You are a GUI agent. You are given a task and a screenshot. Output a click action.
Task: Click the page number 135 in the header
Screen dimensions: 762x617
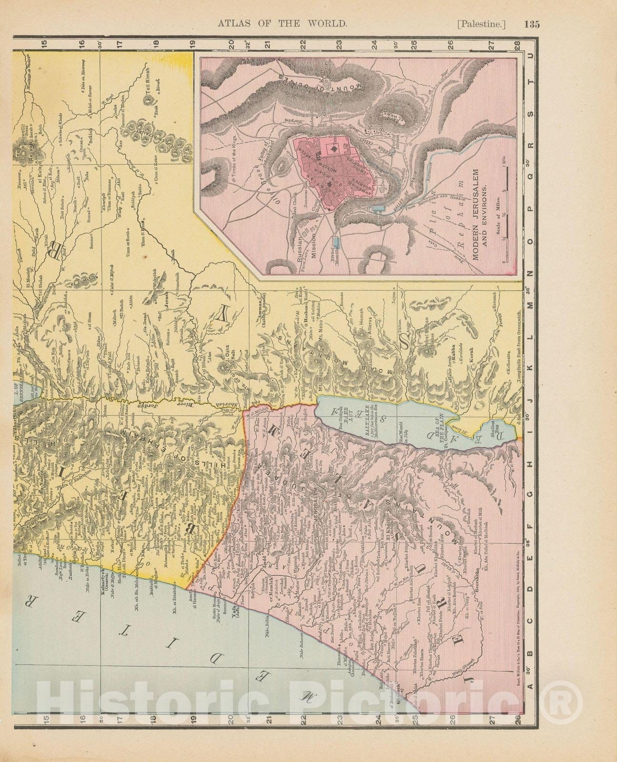click(x=530, y=24)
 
